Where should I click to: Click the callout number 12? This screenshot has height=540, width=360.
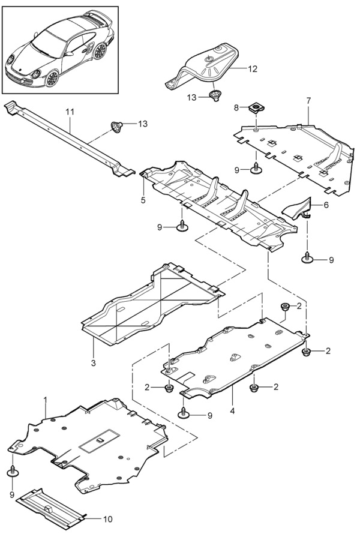tap(253, 69)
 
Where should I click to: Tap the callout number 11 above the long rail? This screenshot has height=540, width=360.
tap(70, 112)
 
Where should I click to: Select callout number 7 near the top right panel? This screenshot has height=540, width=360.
tap(308, 101)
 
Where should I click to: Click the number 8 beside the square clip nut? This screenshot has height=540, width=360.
tap(236, 108)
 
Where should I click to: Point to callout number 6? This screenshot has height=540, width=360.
tap(326, 205)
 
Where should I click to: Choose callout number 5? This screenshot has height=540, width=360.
tap(143, 200)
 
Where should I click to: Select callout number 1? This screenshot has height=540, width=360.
tap(45, 400)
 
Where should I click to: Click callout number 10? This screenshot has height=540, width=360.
tap(108, 519)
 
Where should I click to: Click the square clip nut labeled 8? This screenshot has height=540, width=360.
tap(255, 109)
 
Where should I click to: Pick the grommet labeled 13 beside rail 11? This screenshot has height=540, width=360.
tap(116, 126)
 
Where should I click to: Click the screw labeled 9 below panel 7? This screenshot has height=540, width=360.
tap(256, 168)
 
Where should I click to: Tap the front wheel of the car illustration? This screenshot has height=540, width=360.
tap(52, 78)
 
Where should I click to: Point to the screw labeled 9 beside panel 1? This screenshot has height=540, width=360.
tap(13, 471)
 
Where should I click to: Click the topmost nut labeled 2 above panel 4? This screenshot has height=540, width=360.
tap(286, 307)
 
